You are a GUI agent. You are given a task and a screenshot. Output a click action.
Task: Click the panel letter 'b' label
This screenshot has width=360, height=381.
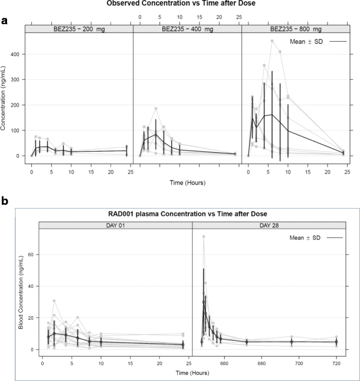click(x=5, y=202)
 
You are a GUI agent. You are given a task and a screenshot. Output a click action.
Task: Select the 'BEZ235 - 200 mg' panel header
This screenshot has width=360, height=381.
click(x=79, y=29)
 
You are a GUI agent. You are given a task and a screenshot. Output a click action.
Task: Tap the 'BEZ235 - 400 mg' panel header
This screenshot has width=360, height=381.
click(x=187, y=29)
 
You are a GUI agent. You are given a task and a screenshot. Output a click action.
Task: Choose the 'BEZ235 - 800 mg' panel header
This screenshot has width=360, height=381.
click(x=296, y=29)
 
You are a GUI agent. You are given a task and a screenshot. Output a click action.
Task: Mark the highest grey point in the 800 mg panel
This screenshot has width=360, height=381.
click(x=272, y=41)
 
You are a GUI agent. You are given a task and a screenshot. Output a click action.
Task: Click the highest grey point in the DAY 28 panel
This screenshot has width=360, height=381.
click(x=204, y=237)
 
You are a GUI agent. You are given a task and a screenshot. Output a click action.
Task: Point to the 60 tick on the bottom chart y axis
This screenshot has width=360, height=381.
click(x=31, y=254)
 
